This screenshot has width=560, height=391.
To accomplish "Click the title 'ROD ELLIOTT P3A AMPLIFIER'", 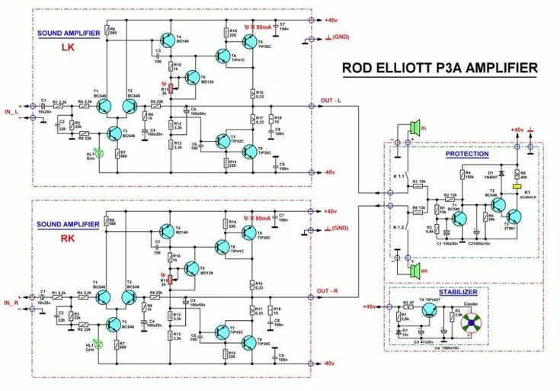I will click(439, 68).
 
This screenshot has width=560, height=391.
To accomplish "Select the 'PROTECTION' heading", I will click(467, 154).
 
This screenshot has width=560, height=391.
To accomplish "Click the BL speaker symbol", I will click(416, 128).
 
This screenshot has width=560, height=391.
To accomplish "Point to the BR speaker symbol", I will click(416, 270).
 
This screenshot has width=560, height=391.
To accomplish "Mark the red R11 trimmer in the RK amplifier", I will click(171, 281).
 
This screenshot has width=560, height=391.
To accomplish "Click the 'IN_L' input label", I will click(14, 113).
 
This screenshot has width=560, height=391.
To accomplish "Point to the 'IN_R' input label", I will click(14, 303).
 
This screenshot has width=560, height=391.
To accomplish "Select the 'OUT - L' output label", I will click(333, 101).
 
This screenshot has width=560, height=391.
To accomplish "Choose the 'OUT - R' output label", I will click(333, 290).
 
